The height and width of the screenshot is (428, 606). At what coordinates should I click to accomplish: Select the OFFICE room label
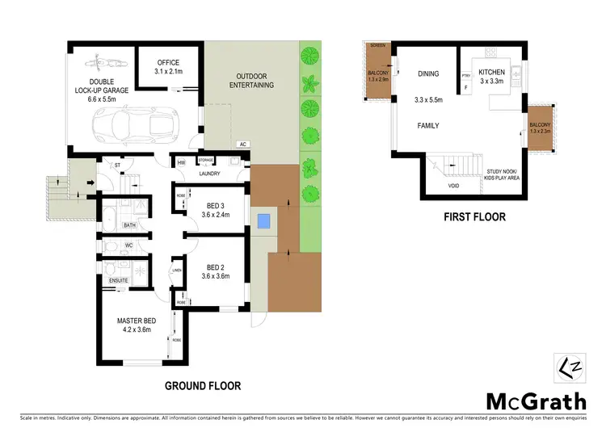coord(167,62)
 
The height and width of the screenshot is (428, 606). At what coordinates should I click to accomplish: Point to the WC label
coord(128,245)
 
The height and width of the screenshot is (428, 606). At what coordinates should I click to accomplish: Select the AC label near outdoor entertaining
coord(242,145)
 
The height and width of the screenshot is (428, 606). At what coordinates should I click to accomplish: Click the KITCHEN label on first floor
coord(491,72)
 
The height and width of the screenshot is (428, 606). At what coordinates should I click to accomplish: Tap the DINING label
coord(428,73)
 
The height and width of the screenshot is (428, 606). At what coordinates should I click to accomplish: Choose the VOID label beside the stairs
coord(454,186)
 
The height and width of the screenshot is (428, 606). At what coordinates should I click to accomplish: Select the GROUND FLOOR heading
coord(203,386)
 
